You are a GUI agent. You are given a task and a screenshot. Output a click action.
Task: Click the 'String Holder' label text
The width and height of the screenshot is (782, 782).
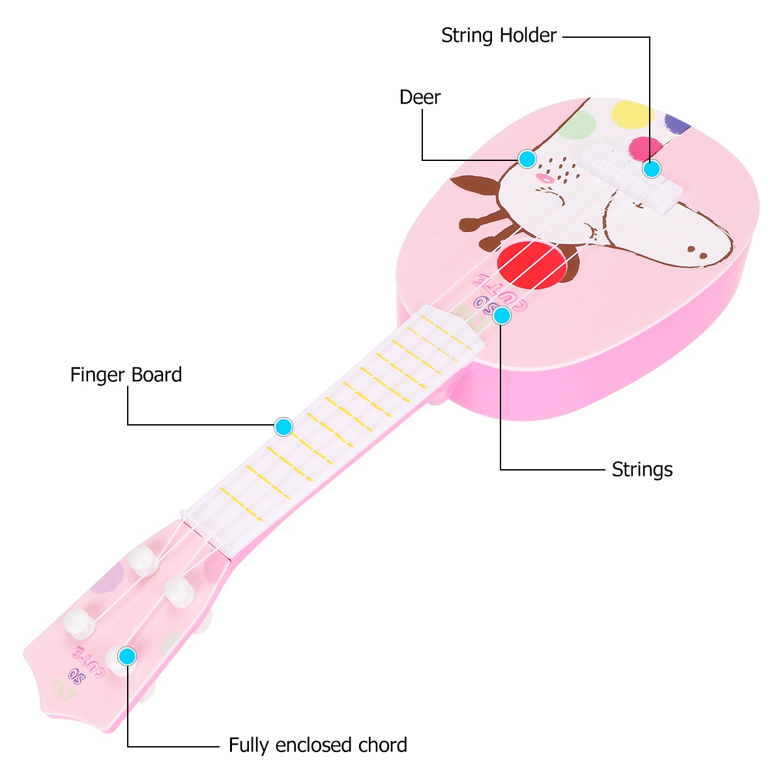point(499,35)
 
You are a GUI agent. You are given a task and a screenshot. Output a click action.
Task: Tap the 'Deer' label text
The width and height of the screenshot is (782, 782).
point(420,97)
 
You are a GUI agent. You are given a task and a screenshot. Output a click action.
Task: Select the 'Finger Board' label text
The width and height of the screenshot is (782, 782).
point(126,375)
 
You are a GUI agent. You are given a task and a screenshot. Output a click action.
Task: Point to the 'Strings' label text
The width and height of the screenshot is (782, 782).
point(642,469)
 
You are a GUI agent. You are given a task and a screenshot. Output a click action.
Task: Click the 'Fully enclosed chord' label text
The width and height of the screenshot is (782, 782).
point(317,745)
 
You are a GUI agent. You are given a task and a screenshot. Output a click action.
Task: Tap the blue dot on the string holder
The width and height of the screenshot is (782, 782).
point(652,169)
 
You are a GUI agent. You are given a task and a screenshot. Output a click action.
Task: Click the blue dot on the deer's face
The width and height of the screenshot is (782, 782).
point(527,158)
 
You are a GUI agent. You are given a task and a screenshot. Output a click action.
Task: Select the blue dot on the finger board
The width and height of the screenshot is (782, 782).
point(283,427)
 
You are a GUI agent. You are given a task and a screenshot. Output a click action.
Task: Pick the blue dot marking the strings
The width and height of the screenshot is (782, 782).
point(502,315)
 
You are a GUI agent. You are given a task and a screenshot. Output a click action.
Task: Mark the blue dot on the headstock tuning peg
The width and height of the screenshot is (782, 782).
point(128,656)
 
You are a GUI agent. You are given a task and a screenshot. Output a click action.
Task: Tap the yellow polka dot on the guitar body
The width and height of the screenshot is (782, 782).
point(632,114)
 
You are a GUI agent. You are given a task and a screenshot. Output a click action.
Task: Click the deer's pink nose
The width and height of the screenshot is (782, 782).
point(543,177)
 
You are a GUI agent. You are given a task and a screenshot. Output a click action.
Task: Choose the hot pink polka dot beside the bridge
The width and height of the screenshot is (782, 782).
point(645,147)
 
